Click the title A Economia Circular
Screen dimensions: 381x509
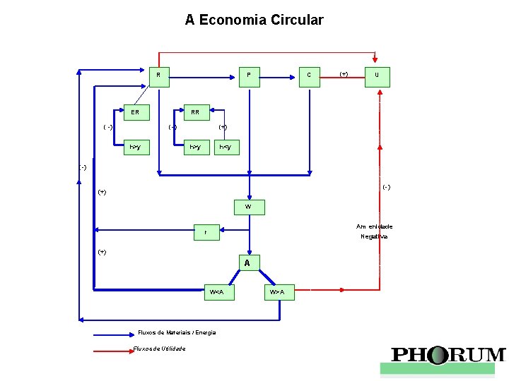254,20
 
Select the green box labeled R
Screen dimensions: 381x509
158,75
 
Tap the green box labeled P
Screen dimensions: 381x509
249,75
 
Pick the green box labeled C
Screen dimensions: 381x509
309,75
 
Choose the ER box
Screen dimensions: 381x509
135,112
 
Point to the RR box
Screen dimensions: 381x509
195,112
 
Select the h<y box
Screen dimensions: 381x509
226,147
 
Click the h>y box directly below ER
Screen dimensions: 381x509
135,147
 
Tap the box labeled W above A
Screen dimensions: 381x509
248,207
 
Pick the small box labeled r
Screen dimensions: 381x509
206,232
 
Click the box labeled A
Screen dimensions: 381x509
247,263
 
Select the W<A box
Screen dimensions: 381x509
216,291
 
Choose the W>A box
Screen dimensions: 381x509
277,291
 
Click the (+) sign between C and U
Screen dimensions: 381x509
344,73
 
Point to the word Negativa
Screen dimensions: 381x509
373,236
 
